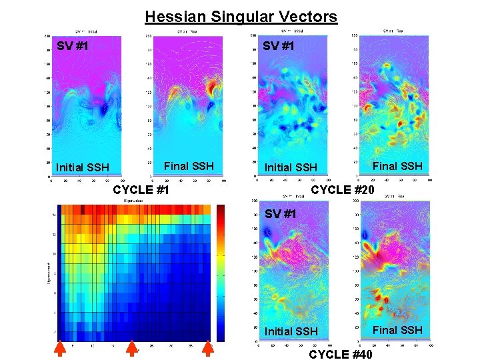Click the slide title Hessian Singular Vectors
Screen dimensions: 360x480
pyautogui.click(x=241, y=16)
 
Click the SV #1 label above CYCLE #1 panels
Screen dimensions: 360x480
pyautogui.click(x=73, y=47)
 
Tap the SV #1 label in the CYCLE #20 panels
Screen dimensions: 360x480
pyautogui.click(x=279, y=47)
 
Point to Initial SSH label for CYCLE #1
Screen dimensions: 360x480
pyautogui.click(x=83, y=167)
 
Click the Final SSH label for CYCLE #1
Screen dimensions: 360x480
pyautogui.click(x=189, y=166)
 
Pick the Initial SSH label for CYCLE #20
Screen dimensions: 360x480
pyautogui.click(x=290, y=167)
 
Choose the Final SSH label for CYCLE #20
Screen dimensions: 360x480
pyautogui.click(x=397, y=166)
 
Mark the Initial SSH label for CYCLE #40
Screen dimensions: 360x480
pyautogui.click(x=290, y=331)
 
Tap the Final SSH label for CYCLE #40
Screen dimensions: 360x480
pyautogui.click(x=397, y=330)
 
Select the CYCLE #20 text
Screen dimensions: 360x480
pyautogui.click(x=343, y=190)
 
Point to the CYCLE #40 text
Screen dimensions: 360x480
pyautogui.click(x=341, y=354)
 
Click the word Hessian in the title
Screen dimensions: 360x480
pyautogui.click(x=169, y=16)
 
